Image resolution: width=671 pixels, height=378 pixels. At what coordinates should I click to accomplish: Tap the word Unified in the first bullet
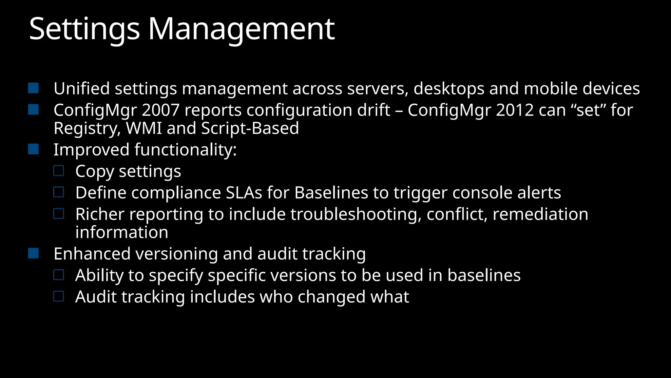click(x=82, y=89)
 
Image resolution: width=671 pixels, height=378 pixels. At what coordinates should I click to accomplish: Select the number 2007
click(x=161, y=110)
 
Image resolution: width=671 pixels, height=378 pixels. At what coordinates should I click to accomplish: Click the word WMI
click(x=144, y=128)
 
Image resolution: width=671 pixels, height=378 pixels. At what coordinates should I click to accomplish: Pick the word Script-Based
click(x=250, y=128)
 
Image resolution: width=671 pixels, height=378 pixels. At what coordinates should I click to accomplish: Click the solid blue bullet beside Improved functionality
click(x=33, y=149)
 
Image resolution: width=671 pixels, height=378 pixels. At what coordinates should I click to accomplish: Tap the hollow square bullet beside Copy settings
click(x=59, y=171)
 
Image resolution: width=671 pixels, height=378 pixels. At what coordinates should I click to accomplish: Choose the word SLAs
click(x=244, y=193)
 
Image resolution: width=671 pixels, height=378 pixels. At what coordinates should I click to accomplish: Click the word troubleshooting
click(x=356, y=214)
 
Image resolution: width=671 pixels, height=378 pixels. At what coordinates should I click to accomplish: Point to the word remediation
click(x=540, y=214)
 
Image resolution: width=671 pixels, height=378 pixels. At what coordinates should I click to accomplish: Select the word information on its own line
click(x=122, y=232)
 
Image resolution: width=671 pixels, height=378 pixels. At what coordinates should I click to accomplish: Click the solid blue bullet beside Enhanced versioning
click(x=33, y=253)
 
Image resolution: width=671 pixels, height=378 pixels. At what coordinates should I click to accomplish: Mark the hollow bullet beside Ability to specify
click(x=59, y=275)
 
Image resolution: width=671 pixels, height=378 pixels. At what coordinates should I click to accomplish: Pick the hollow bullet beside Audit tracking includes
click(x=59, y=296)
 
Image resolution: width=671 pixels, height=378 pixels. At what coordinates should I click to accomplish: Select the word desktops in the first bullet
click(x=449, y=89)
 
